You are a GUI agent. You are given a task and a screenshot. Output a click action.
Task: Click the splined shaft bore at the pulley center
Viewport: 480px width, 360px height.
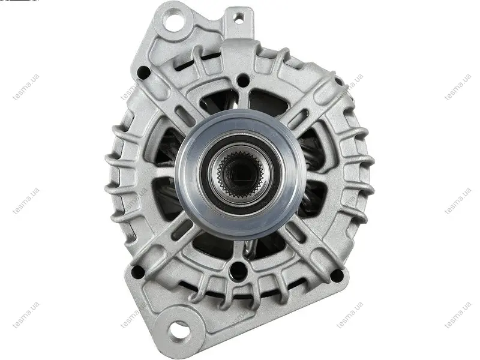pyautogui.click(x=241, y=175)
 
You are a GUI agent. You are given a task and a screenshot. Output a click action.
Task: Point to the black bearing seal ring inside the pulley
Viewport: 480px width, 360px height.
pyautogui.click(x=241, y=175)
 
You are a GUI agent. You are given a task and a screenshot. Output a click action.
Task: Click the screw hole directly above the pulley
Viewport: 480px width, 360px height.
pyautogui.click(x=243, y=80)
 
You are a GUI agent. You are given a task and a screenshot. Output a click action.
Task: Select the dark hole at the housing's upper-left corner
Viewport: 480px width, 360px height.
pyautogui.click(x=143, y=72)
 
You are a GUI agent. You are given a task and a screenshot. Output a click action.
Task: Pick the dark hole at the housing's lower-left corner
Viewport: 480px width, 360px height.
pyautogui.click(x=138, y=272)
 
